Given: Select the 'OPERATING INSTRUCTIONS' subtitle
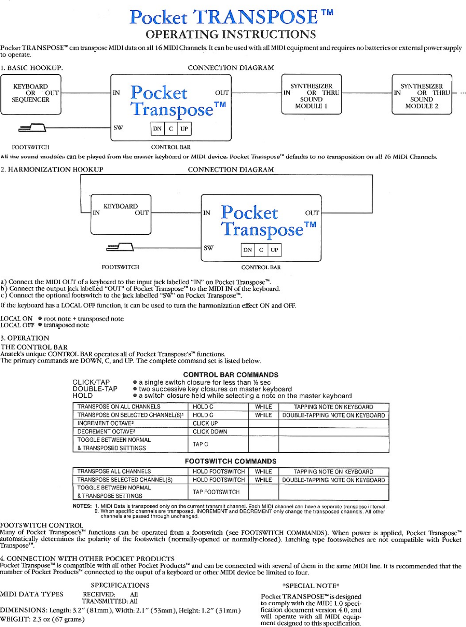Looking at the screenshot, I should [x=231, y=35].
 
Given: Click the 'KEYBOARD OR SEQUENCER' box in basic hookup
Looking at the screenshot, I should [x=31, y=94].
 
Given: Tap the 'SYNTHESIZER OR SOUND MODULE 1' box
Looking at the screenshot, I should [x=312, y=94].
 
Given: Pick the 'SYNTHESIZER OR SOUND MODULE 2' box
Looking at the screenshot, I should [x=422, y=94].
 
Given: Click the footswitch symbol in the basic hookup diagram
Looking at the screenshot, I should [x=32, y=128].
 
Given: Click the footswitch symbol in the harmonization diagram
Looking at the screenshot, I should [x=120, y=247].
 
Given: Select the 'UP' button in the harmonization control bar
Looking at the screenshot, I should [x=274, y=250].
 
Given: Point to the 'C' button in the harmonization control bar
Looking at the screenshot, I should [x=261, y=250].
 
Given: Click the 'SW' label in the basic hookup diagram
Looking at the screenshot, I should [x=118, y=128].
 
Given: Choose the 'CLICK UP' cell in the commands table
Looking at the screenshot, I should [x=205, y=423].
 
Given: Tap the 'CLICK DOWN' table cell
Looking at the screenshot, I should [x=210, y=432].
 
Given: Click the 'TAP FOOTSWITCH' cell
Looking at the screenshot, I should [x=216, y=492].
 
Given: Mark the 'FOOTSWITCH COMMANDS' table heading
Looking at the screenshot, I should [x=230, y=461].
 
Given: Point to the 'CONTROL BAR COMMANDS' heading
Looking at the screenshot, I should [x=230, y=375].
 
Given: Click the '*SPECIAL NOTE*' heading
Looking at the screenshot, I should [x=311, y=586].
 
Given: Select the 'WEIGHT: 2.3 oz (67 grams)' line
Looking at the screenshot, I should [x=42, y=619].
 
